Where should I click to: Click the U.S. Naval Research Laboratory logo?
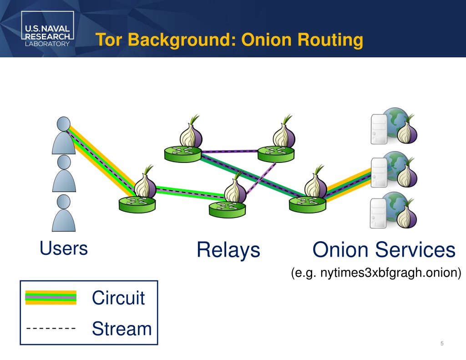point(47,29)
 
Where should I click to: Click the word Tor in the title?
point(108,40)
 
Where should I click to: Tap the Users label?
point(64,248)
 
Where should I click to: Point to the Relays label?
point(228,250)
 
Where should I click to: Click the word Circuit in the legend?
point(118,298)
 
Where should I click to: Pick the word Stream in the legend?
point(122,329)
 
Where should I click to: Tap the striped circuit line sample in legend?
point(51,297)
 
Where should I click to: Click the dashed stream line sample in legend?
point(51,329)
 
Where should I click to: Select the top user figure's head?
point(64,124)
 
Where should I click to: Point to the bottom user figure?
point(64,213)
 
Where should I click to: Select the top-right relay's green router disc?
point(276,154)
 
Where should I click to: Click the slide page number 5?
point(442,344)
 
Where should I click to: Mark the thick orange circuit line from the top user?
point(103,162)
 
